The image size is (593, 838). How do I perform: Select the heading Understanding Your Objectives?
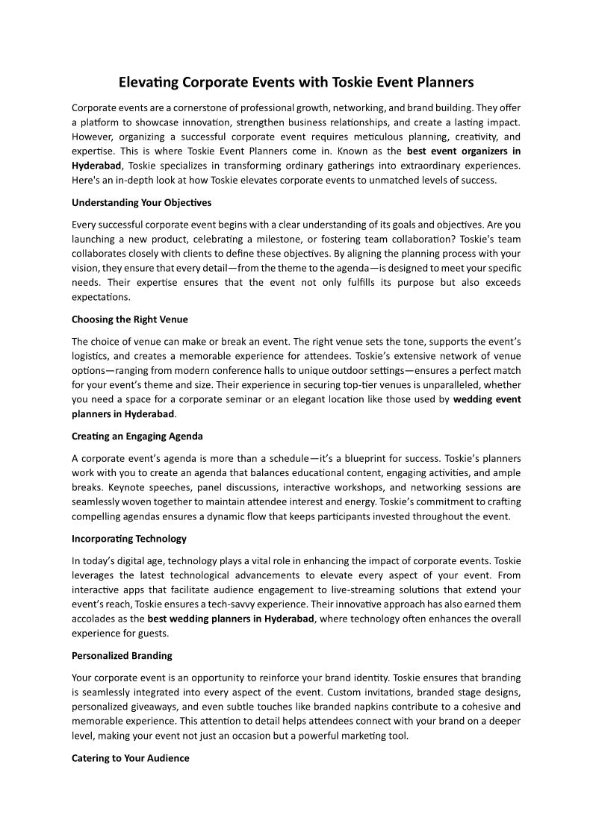(x=141, y=202)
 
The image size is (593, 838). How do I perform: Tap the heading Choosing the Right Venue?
(x=129, y=319)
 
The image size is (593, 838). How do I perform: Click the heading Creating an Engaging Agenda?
(x=137, y=436)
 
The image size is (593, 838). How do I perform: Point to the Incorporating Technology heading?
(x=129, y=538)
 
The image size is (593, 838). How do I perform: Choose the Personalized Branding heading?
(x=122, y=655)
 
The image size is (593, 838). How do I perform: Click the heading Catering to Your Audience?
(x=131, y=758)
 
